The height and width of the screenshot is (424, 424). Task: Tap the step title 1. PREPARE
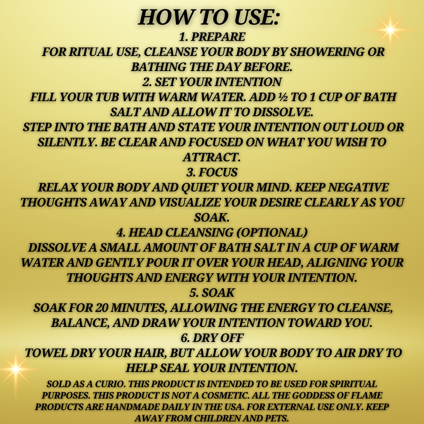point(212,37)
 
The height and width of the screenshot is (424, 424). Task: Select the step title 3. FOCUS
point(212,173)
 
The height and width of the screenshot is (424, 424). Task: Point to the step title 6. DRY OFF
point(212,338)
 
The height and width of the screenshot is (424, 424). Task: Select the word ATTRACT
point(211,158)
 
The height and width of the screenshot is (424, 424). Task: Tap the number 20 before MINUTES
point(102,308)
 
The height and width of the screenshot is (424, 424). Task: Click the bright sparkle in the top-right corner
point(390,29)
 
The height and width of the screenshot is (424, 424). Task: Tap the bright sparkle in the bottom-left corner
point(15,369)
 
